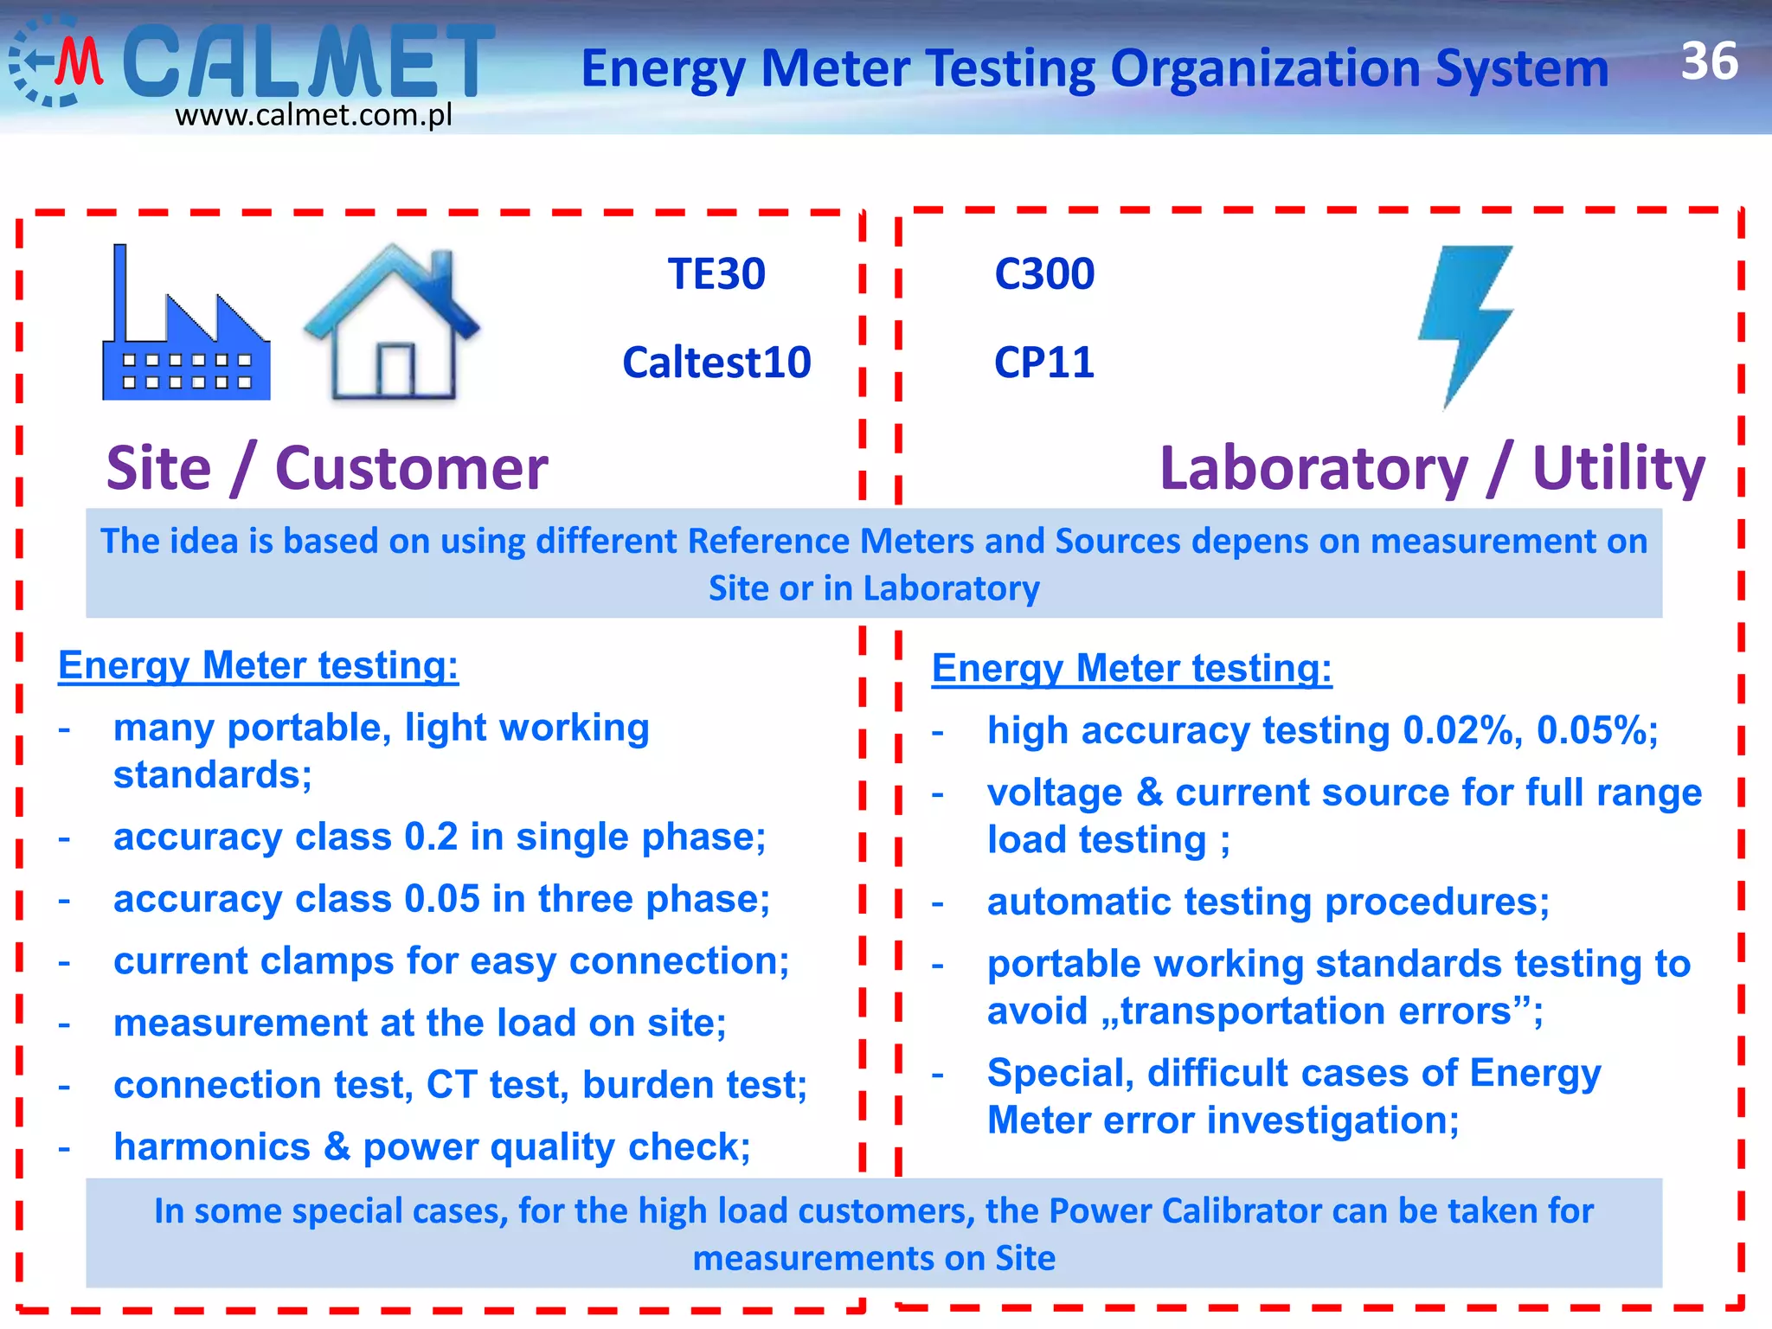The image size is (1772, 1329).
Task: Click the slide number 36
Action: [x=1709, y=61]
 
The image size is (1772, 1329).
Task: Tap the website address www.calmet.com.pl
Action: [x=313, y=115]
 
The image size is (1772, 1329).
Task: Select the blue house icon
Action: [x=392, y=324]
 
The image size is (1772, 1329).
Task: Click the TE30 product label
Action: [x=716, y=274]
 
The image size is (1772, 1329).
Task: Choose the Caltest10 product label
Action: [x=716, y=363]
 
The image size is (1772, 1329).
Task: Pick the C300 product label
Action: [x=1044, y=274]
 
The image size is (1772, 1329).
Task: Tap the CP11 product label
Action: [x=1044, y=363]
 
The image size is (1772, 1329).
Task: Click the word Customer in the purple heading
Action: [x=411, y=469]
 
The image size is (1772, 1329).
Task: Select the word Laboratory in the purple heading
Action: [x=1313, y=469]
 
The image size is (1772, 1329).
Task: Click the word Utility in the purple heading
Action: [x=1618, y=469]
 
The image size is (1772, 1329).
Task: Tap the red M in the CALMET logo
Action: [x=80, y=62]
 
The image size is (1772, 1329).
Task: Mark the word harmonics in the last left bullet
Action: [x=212, y=1147]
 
